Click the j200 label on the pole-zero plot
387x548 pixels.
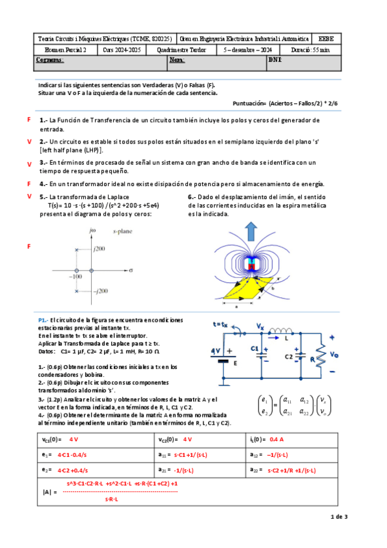pyautogui.click(x=99, y=248)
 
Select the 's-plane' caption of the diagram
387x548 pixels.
pyautogui.click(x=122, y=230)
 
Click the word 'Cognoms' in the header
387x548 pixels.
pyautogui.click(x=50, y=59)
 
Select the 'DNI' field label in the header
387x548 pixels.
pyautogui.click(x=275, y=59)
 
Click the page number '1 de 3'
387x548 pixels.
pyautogui.click(x=339, y=516)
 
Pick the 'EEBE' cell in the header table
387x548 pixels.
pyautogui.click(x=322, y=39)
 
